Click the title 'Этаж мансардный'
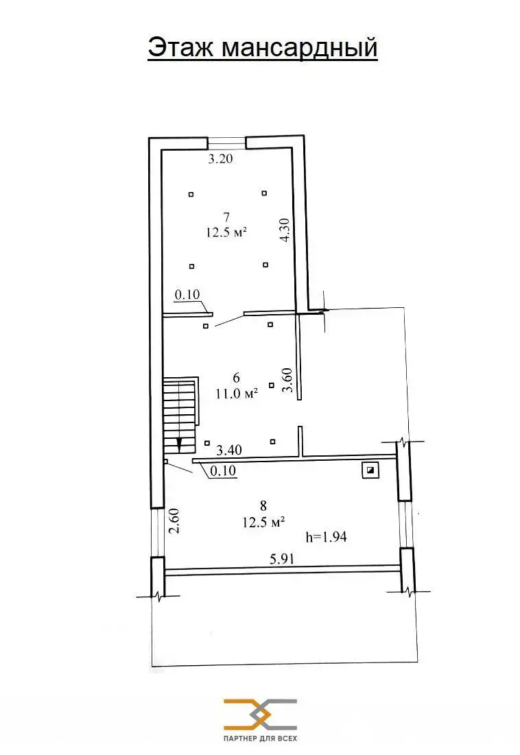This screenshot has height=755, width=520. tap(262, 48)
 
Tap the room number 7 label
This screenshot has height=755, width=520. tap(226, 217)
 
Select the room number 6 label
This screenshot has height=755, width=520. tap(236, 377)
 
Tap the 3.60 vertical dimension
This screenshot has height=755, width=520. tap(289, 380)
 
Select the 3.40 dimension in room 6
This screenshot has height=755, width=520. tap(228, 451)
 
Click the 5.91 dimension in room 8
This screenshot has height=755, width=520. tap(283, 559)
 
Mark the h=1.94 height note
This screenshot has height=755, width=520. tap(326, 537)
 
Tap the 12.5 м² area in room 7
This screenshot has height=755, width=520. tap(226, 232)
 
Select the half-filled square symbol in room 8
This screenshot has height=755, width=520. tap(370, 470)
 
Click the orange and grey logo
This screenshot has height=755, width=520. tap(260, 714)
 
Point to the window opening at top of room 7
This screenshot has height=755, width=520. tap(227, 143)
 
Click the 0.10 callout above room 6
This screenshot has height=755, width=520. tap(187, 295)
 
